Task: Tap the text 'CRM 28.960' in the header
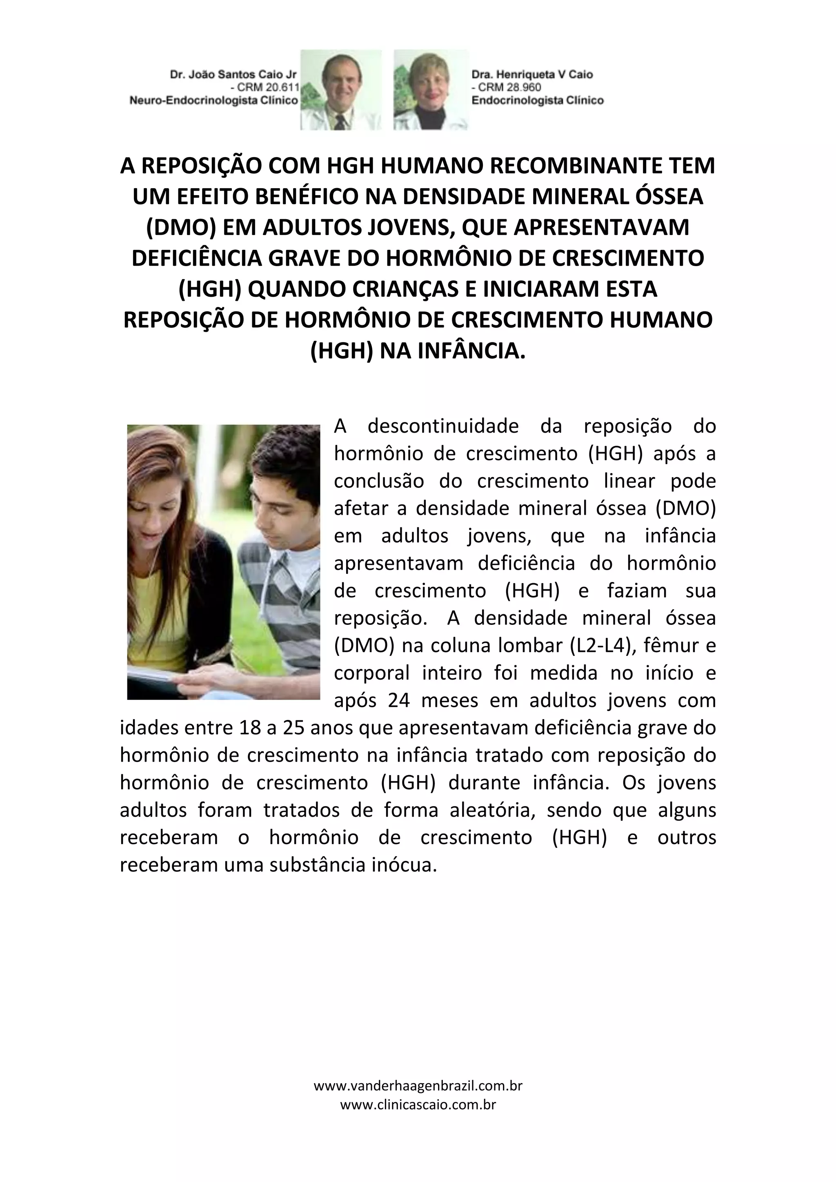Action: (x=509, y=87)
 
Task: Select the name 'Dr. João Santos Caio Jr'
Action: (x=234, y=75)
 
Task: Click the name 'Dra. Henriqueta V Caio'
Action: (x=532, y=75)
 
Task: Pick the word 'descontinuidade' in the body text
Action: (x=443, y=426)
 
